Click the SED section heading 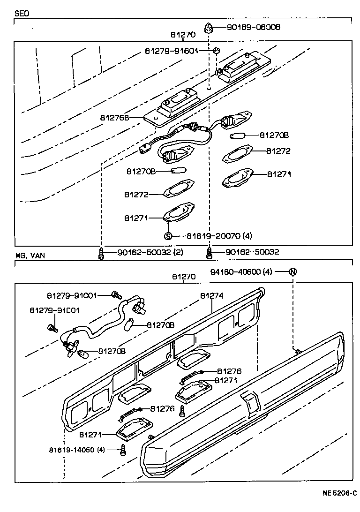(22, 14)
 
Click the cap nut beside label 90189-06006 (208, 28)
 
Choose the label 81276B (114, 118)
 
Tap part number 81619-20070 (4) (216, 235)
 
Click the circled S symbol (168, 235)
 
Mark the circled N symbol (293, 271)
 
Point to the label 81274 (211, 296)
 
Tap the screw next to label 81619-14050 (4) (123, 451)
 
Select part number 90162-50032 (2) (143, 253)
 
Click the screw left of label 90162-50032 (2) (101, 254)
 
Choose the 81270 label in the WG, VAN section (183, 277)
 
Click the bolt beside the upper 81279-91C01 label (115, 295)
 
